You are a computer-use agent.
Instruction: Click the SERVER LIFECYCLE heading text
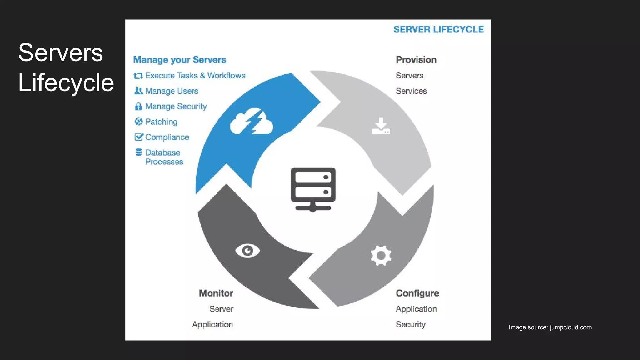tap(438, 29)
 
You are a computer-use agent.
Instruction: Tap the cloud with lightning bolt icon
tap(252, 122)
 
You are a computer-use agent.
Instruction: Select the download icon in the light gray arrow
tap(381, 126)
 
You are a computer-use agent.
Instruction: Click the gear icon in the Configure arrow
tap(381, 256)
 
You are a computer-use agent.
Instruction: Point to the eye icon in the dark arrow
tap(247, 251)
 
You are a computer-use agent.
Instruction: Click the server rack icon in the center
tap(313, 189)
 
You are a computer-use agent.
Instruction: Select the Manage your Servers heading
tap(179, 60)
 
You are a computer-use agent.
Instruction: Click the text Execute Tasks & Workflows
tap(195, 76)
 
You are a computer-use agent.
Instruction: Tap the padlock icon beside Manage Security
tap(138, 107)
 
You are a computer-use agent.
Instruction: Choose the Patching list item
tap(161, 122)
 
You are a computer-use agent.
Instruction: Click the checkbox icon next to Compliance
tap(138, 137)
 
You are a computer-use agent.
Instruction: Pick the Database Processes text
tap(164, 157)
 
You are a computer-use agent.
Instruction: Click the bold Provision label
tap(416, 60)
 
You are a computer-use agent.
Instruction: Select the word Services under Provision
tap(411, 91)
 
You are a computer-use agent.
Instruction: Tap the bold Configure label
tap(417, 293)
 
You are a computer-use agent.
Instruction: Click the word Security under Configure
tap(411, 324)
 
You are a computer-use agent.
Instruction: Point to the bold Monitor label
tap(216, 293)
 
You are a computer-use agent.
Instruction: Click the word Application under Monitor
tap(212, 324)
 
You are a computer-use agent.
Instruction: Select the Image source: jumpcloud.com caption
tap(550, 327)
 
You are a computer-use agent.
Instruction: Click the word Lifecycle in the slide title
tap(66, 83)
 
